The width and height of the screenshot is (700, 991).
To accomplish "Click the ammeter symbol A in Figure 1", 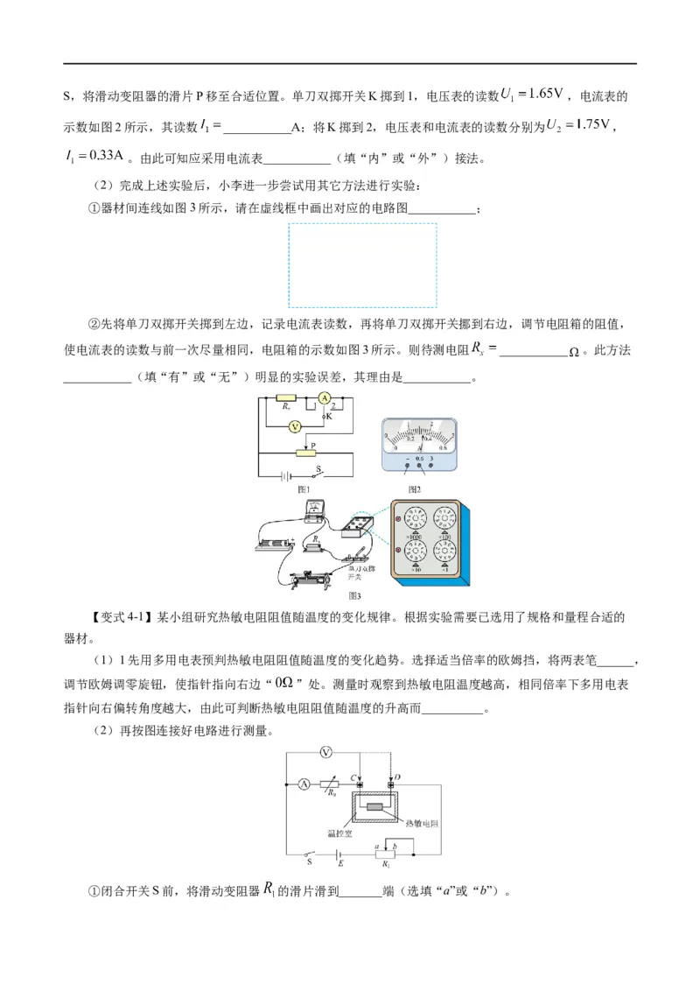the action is [324, 398].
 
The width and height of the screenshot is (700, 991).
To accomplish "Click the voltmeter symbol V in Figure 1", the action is [295, 425].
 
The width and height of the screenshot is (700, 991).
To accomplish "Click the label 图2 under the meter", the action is [415, 488].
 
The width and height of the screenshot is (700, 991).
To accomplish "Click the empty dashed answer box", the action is [362, 264].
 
